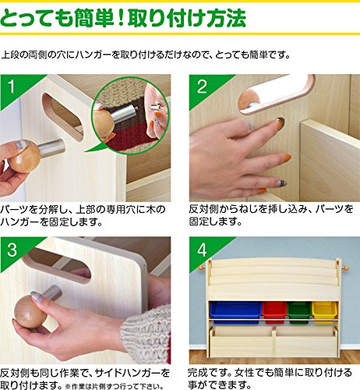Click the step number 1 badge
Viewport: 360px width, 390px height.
pos(12,87)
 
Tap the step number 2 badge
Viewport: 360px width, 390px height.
pos(202,87)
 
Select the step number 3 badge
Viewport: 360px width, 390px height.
pos(12,250)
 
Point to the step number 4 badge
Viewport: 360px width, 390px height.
pos(202,250)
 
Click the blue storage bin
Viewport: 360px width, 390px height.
pos(235,311)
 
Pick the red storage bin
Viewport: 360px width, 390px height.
pos(274,311)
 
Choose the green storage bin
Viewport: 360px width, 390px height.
pos(299,311)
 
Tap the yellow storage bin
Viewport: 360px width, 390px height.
pos(324,311)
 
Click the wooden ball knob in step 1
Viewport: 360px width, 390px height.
pos(24,157)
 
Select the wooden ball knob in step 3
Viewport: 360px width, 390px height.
pos(30,311)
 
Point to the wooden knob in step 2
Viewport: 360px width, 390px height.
pos(248,101)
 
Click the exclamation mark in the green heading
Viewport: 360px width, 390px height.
pos(120,18)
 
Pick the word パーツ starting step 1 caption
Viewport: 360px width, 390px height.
pos(15,209)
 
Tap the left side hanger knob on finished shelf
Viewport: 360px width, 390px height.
pos(201,268)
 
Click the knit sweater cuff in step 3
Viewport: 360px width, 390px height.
pos(146,335)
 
